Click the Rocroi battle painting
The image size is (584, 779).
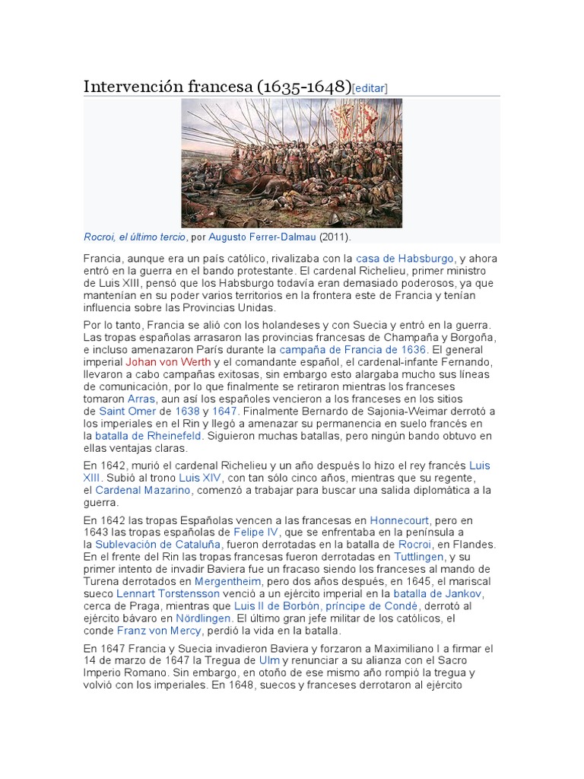[x=291, y=163]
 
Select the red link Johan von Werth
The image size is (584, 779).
[x=168, y=362]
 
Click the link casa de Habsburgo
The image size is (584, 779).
[x=405, y=259]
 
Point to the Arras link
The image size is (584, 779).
[x=142, y=399]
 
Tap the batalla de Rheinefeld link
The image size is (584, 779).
[x=148, y=436]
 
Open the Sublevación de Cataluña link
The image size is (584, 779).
[x=158, y=545]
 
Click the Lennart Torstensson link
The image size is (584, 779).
[x=168, y=593]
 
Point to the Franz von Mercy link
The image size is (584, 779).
[x=159, y=631]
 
